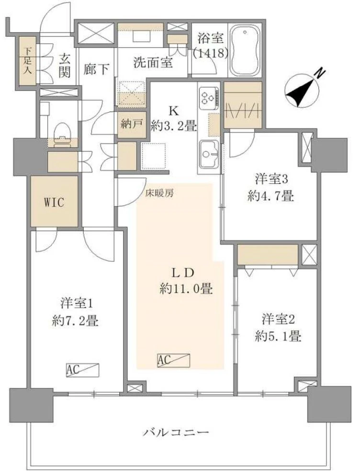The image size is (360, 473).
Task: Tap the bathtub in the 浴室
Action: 245,50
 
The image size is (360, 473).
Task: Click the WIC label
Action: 54,201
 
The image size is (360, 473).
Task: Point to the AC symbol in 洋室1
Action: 82,370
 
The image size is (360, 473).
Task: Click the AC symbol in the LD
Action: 173,360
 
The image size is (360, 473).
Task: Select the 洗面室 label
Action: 153,62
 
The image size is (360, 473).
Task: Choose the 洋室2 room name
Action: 278,318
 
